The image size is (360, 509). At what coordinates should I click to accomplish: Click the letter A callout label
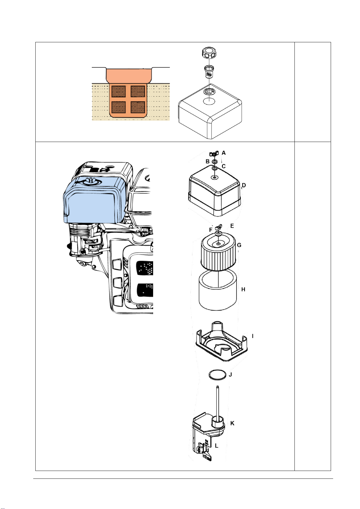224,153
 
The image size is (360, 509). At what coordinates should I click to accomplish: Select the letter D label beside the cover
244,185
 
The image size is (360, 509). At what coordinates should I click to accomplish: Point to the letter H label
243,289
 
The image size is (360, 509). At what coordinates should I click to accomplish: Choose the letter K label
232,423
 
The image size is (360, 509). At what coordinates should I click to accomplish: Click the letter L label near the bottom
217,446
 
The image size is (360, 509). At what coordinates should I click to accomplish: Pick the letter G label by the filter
239,245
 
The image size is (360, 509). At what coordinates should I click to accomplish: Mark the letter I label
252,336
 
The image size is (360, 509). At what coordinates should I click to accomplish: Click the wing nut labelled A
214,154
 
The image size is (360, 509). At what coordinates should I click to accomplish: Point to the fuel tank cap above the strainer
209,53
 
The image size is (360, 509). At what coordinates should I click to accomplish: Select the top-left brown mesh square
119,92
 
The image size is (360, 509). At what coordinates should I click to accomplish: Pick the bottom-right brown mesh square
138,108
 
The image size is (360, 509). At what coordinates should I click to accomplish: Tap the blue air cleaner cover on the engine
94,200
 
